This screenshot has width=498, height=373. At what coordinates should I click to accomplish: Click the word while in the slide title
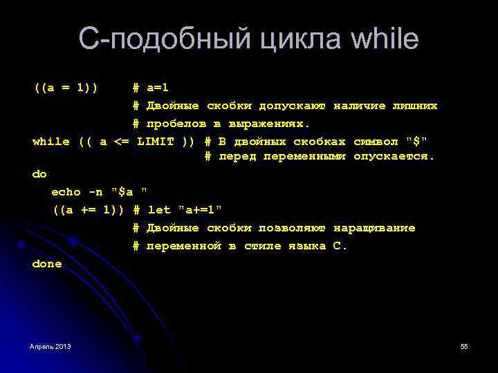tap(385, 39)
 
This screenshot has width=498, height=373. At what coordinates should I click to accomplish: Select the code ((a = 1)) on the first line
tap(66, 88)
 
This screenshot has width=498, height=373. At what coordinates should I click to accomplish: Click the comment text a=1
tap(158, 88)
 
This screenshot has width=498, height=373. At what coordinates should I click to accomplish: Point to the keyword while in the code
tap(51, 142)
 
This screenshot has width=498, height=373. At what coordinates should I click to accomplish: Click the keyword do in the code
tap(39, 175)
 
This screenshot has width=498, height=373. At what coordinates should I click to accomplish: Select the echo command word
tap(66, 192)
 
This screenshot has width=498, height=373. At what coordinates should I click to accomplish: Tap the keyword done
tap(47, 264)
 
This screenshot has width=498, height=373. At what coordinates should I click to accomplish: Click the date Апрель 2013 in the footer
tap(50, 345)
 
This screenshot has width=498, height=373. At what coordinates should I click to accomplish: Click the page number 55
tap(464, 345)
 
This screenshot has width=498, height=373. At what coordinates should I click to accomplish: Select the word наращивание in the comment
tap(374, 228)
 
